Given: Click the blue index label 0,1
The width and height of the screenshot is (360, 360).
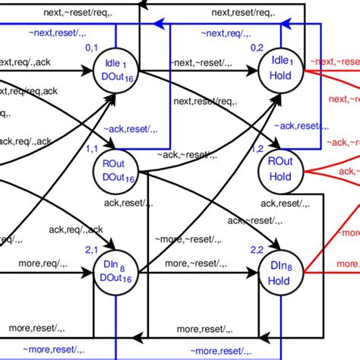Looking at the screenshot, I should point(92,48).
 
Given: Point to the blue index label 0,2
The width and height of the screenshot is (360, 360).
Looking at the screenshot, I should point(257,48).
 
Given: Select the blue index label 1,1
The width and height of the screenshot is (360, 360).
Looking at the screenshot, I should point(92,149).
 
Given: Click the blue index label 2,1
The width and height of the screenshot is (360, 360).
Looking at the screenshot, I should point(91,249).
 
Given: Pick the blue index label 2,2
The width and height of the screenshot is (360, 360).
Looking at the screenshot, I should point(258,249).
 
